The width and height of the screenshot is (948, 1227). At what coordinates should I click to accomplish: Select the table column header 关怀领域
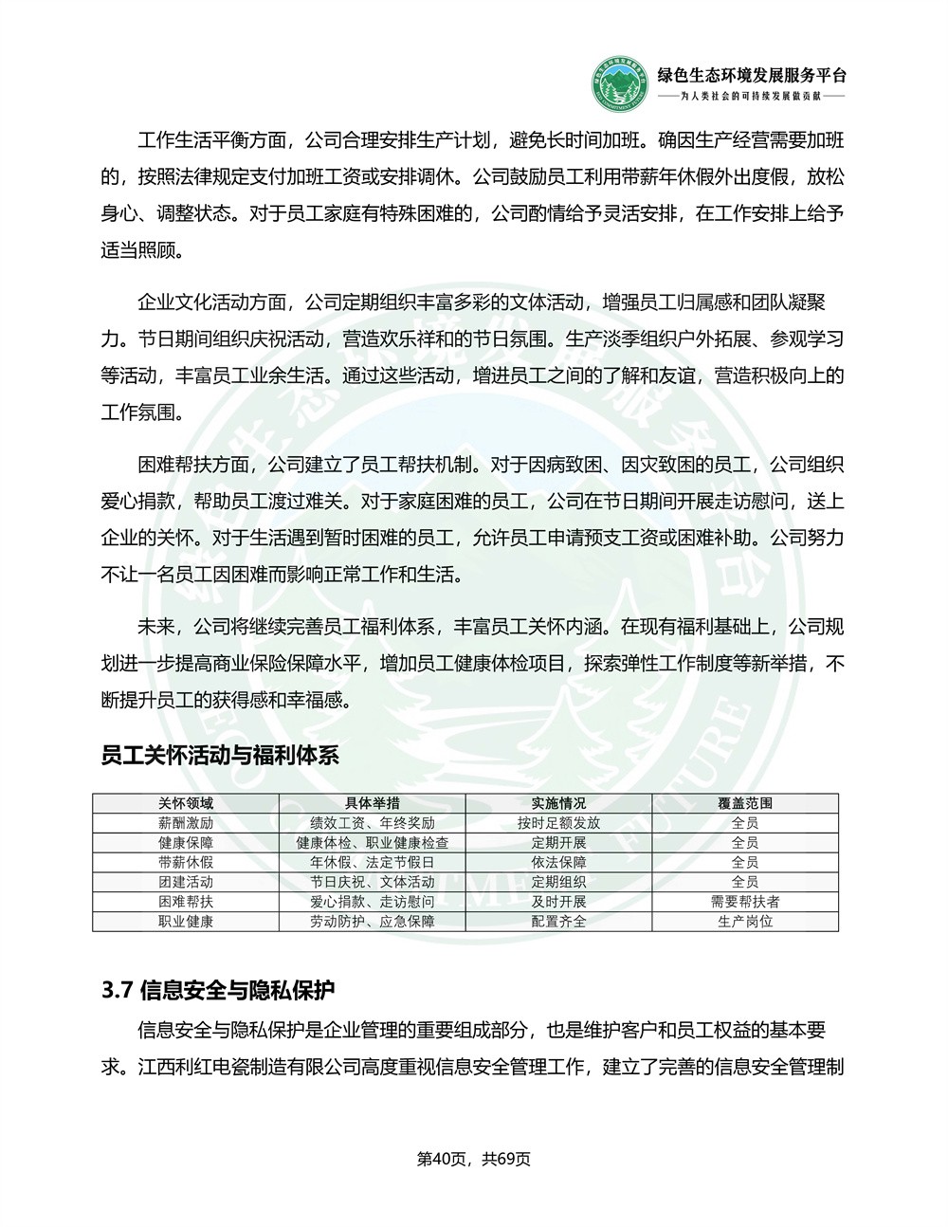point(186,803)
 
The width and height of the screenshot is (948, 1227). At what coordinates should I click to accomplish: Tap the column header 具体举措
point(373,803)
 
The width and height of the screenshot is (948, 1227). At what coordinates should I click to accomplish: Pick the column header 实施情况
point(558,803)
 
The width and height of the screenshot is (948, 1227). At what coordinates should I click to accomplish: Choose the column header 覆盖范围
point(745,803)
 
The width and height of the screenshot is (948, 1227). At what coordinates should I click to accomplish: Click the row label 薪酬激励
point(186,823)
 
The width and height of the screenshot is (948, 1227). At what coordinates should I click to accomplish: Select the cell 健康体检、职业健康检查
point(373,843)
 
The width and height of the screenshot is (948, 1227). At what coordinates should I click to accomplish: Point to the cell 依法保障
point(558,863)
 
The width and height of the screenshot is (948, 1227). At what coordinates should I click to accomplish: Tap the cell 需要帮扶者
point(745,902)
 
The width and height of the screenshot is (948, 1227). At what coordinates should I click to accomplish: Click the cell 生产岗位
point(745,922)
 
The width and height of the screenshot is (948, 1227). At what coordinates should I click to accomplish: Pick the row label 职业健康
point(186,922)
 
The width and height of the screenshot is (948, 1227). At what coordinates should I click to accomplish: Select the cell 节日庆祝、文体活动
point(373,882)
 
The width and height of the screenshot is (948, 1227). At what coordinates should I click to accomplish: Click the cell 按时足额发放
point(558,823)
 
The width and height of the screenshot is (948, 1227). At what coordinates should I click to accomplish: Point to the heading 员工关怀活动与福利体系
point(220,756)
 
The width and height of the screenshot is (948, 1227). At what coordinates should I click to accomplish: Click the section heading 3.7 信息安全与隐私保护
point(218,991)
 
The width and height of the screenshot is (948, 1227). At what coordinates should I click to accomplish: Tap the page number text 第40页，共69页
point(474,1159)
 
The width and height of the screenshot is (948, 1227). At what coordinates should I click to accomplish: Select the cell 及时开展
point(558,902)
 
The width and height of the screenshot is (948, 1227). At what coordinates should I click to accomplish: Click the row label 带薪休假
point(186,863)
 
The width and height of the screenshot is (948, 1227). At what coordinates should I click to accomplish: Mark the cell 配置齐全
point(558,922)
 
